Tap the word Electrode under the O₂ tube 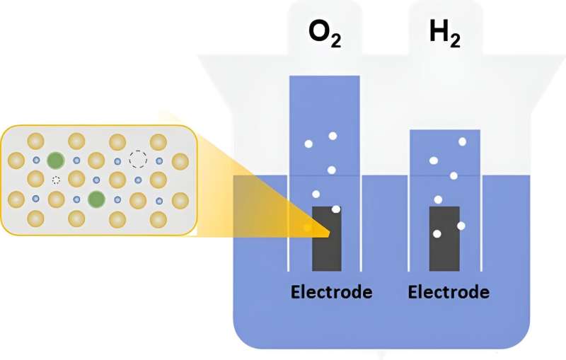332,291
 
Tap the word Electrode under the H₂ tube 449,291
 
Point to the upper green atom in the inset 56,161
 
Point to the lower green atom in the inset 96,199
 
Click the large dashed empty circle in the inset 138,158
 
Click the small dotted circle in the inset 56,180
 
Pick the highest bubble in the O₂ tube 333,136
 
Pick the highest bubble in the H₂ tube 462,142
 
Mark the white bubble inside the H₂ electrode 437,233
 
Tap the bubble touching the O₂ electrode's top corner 336,209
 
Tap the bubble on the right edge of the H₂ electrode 461,226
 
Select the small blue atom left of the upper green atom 35,161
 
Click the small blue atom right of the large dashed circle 159,161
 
